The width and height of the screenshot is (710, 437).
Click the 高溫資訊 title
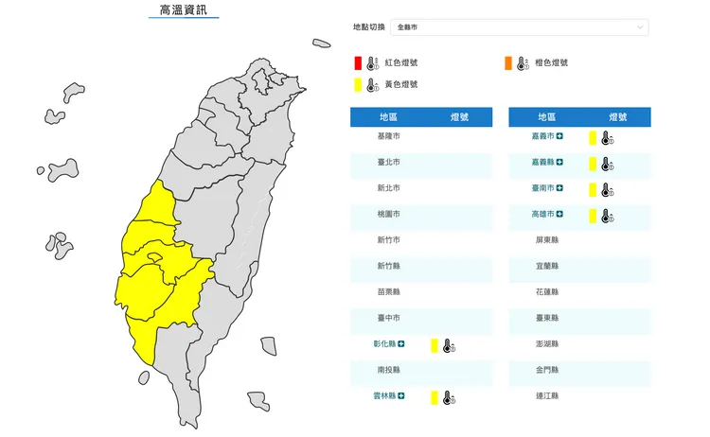click(x=183, y=10)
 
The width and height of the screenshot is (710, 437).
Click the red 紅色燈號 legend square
click(x=357, y=63)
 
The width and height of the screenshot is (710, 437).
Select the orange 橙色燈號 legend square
click(x=508, y=63)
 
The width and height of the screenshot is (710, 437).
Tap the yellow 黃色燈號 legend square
click(x=357, y=85)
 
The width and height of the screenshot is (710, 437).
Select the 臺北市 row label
click(x=388, y=163)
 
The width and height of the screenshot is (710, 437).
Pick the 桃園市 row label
click(x=388, y=215)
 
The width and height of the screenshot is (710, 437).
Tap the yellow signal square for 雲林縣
click(x=434, y=398)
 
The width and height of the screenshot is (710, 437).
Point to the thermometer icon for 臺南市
click(x=607, y=189)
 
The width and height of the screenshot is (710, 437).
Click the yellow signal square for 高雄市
click(x=592, y=216)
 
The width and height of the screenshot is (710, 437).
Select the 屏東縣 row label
click(x=547, y=241)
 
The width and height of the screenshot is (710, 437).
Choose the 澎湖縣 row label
click(x=547, y=345)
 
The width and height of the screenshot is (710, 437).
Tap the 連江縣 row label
click(x=547, y=397)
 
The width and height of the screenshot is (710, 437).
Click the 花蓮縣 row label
click(x=547, y=293)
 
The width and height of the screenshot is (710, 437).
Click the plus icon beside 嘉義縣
click(x=560, y=164)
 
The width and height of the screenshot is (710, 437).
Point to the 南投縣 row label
click(x=388, y=371)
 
